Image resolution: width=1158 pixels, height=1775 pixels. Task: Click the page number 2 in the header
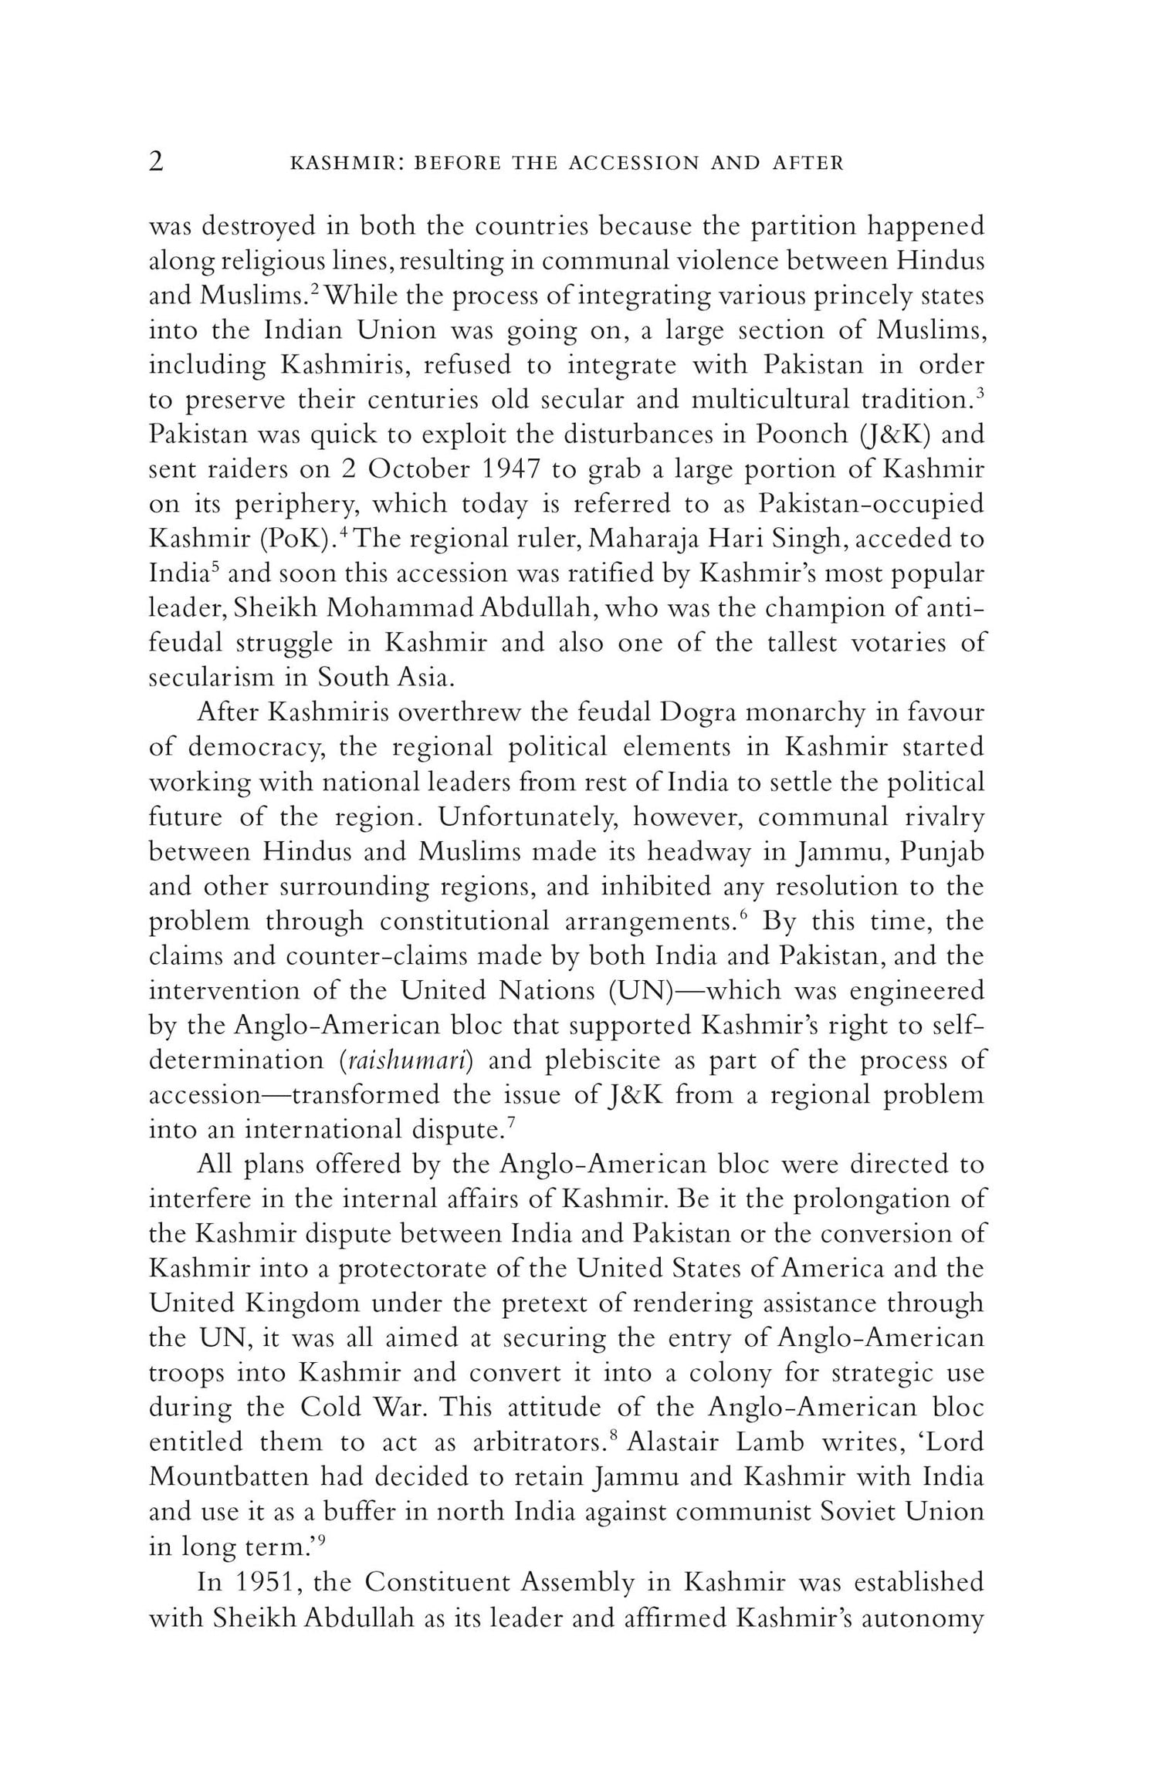point(156,162)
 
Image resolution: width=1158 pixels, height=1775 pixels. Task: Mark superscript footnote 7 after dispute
point(511,1124)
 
